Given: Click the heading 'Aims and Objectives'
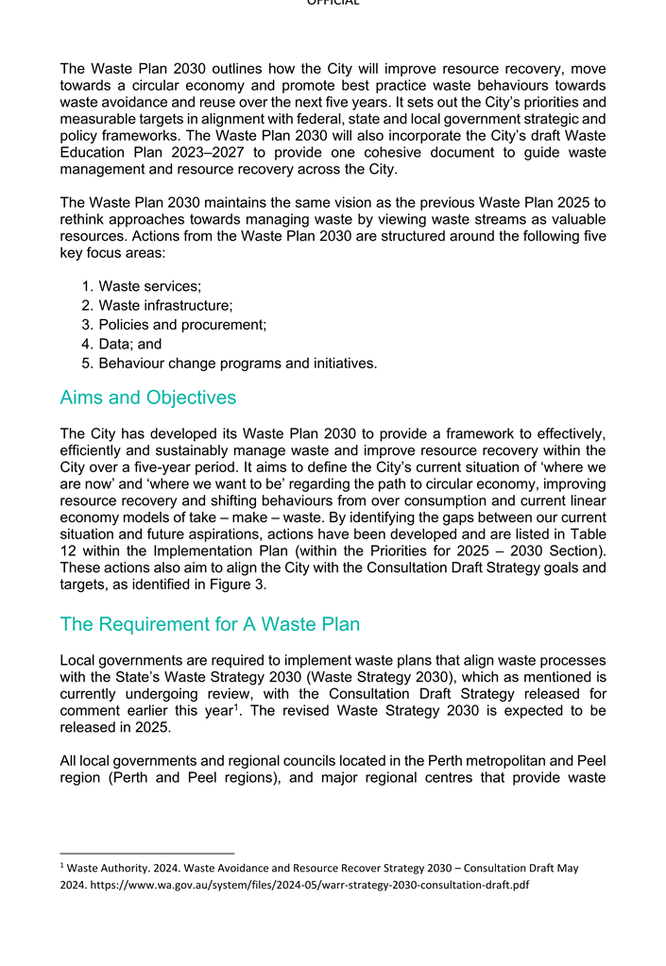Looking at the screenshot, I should (147, 398).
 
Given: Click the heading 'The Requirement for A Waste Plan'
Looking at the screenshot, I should (209, 624).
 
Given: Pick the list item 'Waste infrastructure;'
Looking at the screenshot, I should (165, 305).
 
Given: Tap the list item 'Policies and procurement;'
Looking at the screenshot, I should (182, 325).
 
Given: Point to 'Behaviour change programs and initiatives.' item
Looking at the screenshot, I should (237, 364).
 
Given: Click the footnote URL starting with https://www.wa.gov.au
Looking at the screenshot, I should (302, 885).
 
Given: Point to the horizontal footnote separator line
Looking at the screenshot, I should (146, 854).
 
